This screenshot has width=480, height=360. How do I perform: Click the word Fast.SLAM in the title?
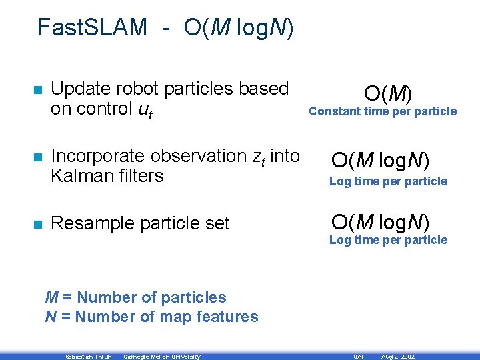coord(92,27)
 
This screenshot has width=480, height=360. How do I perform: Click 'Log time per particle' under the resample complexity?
coord(388,240)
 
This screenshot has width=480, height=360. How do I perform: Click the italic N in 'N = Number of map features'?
coord(50,317)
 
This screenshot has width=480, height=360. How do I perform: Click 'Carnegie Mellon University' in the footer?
coord(161,357)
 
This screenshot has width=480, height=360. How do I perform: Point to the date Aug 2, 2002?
coord(397,357)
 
